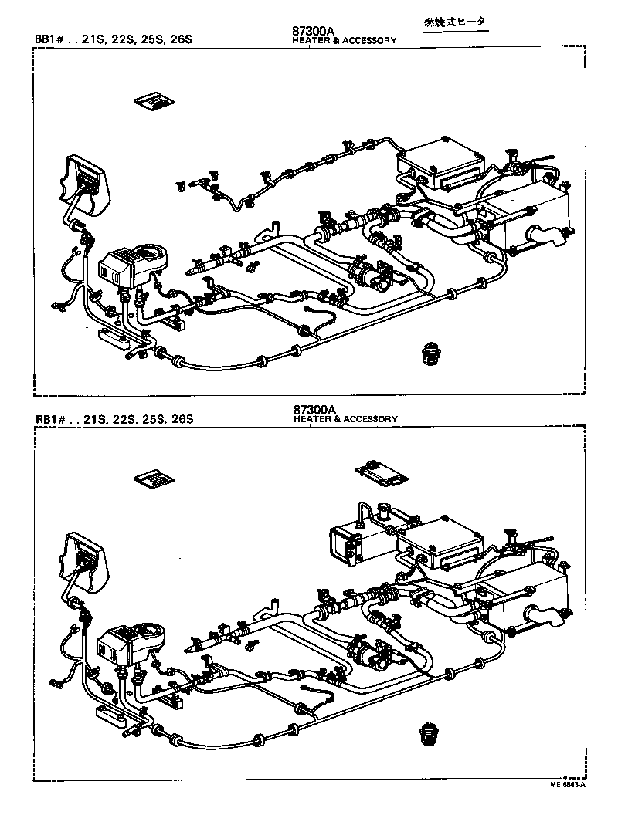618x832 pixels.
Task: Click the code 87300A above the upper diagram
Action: click(314, 31)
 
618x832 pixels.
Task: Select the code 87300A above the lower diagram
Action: click(314, 409)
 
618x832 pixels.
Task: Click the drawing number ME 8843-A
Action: click(568, 785)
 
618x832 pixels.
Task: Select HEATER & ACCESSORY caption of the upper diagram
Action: click(345, 40)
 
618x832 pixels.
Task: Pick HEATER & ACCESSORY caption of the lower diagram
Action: click(345, 419)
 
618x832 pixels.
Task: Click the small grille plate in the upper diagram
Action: click(154, 101)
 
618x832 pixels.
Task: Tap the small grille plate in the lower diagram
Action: click(154, 479)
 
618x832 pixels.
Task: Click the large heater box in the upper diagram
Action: click(533, 216)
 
